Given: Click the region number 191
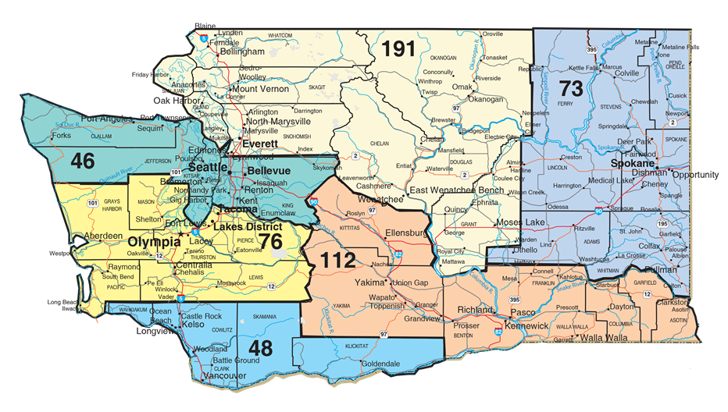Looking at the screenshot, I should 398,49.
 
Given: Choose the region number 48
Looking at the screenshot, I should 260,347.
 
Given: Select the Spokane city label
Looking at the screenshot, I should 633,166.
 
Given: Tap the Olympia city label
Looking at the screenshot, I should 152,241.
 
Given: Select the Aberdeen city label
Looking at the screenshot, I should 104,236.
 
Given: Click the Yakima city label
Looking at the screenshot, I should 371,282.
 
